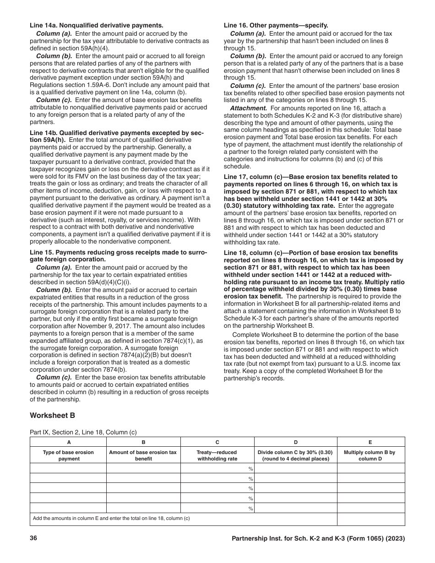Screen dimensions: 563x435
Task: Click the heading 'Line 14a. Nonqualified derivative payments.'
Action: tap(97, 26)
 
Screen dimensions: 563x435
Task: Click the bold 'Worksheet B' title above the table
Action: tap(52, 416)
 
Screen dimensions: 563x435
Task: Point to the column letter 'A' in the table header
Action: tap(69, 442)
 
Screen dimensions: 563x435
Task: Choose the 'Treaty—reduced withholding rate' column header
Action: tap(217, 455)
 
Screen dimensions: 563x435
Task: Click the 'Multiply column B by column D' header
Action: tap(370, 455)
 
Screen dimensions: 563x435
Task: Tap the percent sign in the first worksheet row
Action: tap(250, 469)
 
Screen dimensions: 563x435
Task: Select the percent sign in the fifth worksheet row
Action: tap(250, 509)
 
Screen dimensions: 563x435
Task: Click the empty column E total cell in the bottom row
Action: tap(370, 519)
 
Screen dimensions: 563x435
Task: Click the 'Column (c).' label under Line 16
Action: tap(248, 86)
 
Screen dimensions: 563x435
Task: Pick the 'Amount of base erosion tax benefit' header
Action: tap(143, 455)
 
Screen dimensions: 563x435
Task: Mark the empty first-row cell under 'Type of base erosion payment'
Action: tap(69, 468)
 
